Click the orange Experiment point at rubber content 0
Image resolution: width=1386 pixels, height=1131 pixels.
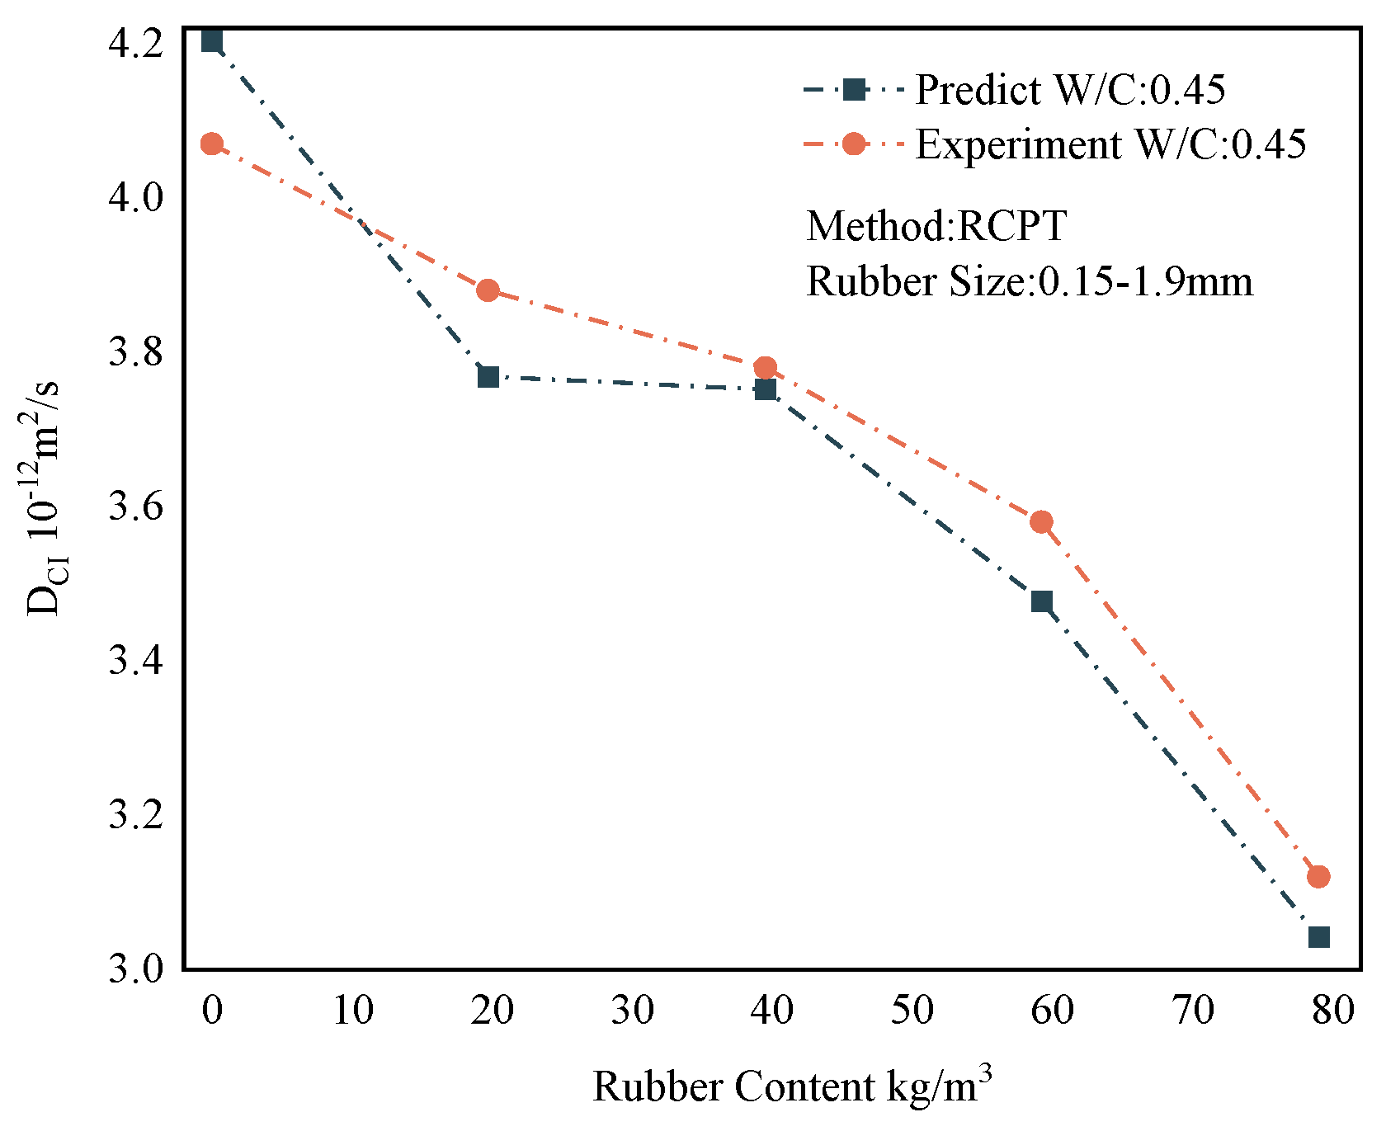(x=212, y=144)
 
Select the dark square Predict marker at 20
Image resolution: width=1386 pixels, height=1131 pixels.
(x=488, y=377)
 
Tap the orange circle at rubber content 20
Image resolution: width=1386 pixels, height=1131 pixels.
(x=488, y=290)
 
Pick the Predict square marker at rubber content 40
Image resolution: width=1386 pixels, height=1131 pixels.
(x=766, y=389)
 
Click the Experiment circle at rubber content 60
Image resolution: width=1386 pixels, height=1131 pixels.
(x=1042, y=521)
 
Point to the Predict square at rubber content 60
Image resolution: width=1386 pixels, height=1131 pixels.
(x=1042, y=601)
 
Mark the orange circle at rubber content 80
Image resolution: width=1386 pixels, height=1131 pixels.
(x=1318, y=876)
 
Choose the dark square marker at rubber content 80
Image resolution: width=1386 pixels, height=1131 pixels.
(x=1318, y=937)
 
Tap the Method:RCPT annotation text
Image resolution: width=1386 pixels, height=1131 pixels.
(x=936, y=226)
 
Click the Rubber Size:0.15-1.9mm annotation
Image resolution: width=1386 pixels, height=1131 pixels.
(x=1029, y=281)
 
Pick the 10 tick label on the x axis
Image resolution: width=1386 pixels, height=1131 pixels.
(x=352, y=1010)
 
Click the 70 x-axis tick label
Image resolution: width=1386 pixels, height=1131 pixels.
(x=1192, y=1010)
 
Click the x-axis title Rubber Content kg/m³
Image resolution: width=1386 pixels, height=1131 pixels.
(x=791, y=1086)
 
